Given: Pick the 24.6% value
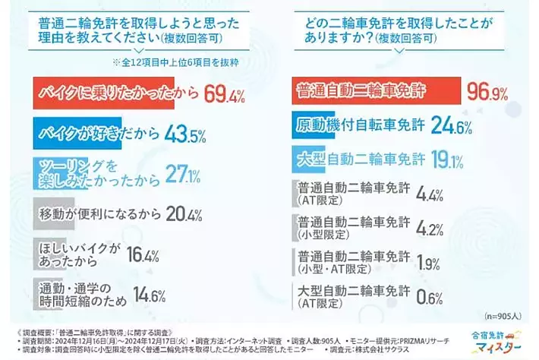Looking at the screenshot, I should pos(454,126).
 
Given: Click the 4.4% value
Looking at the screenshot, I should pos(430,194).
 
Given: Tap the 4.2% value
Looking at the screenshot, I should pos(430,227).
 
